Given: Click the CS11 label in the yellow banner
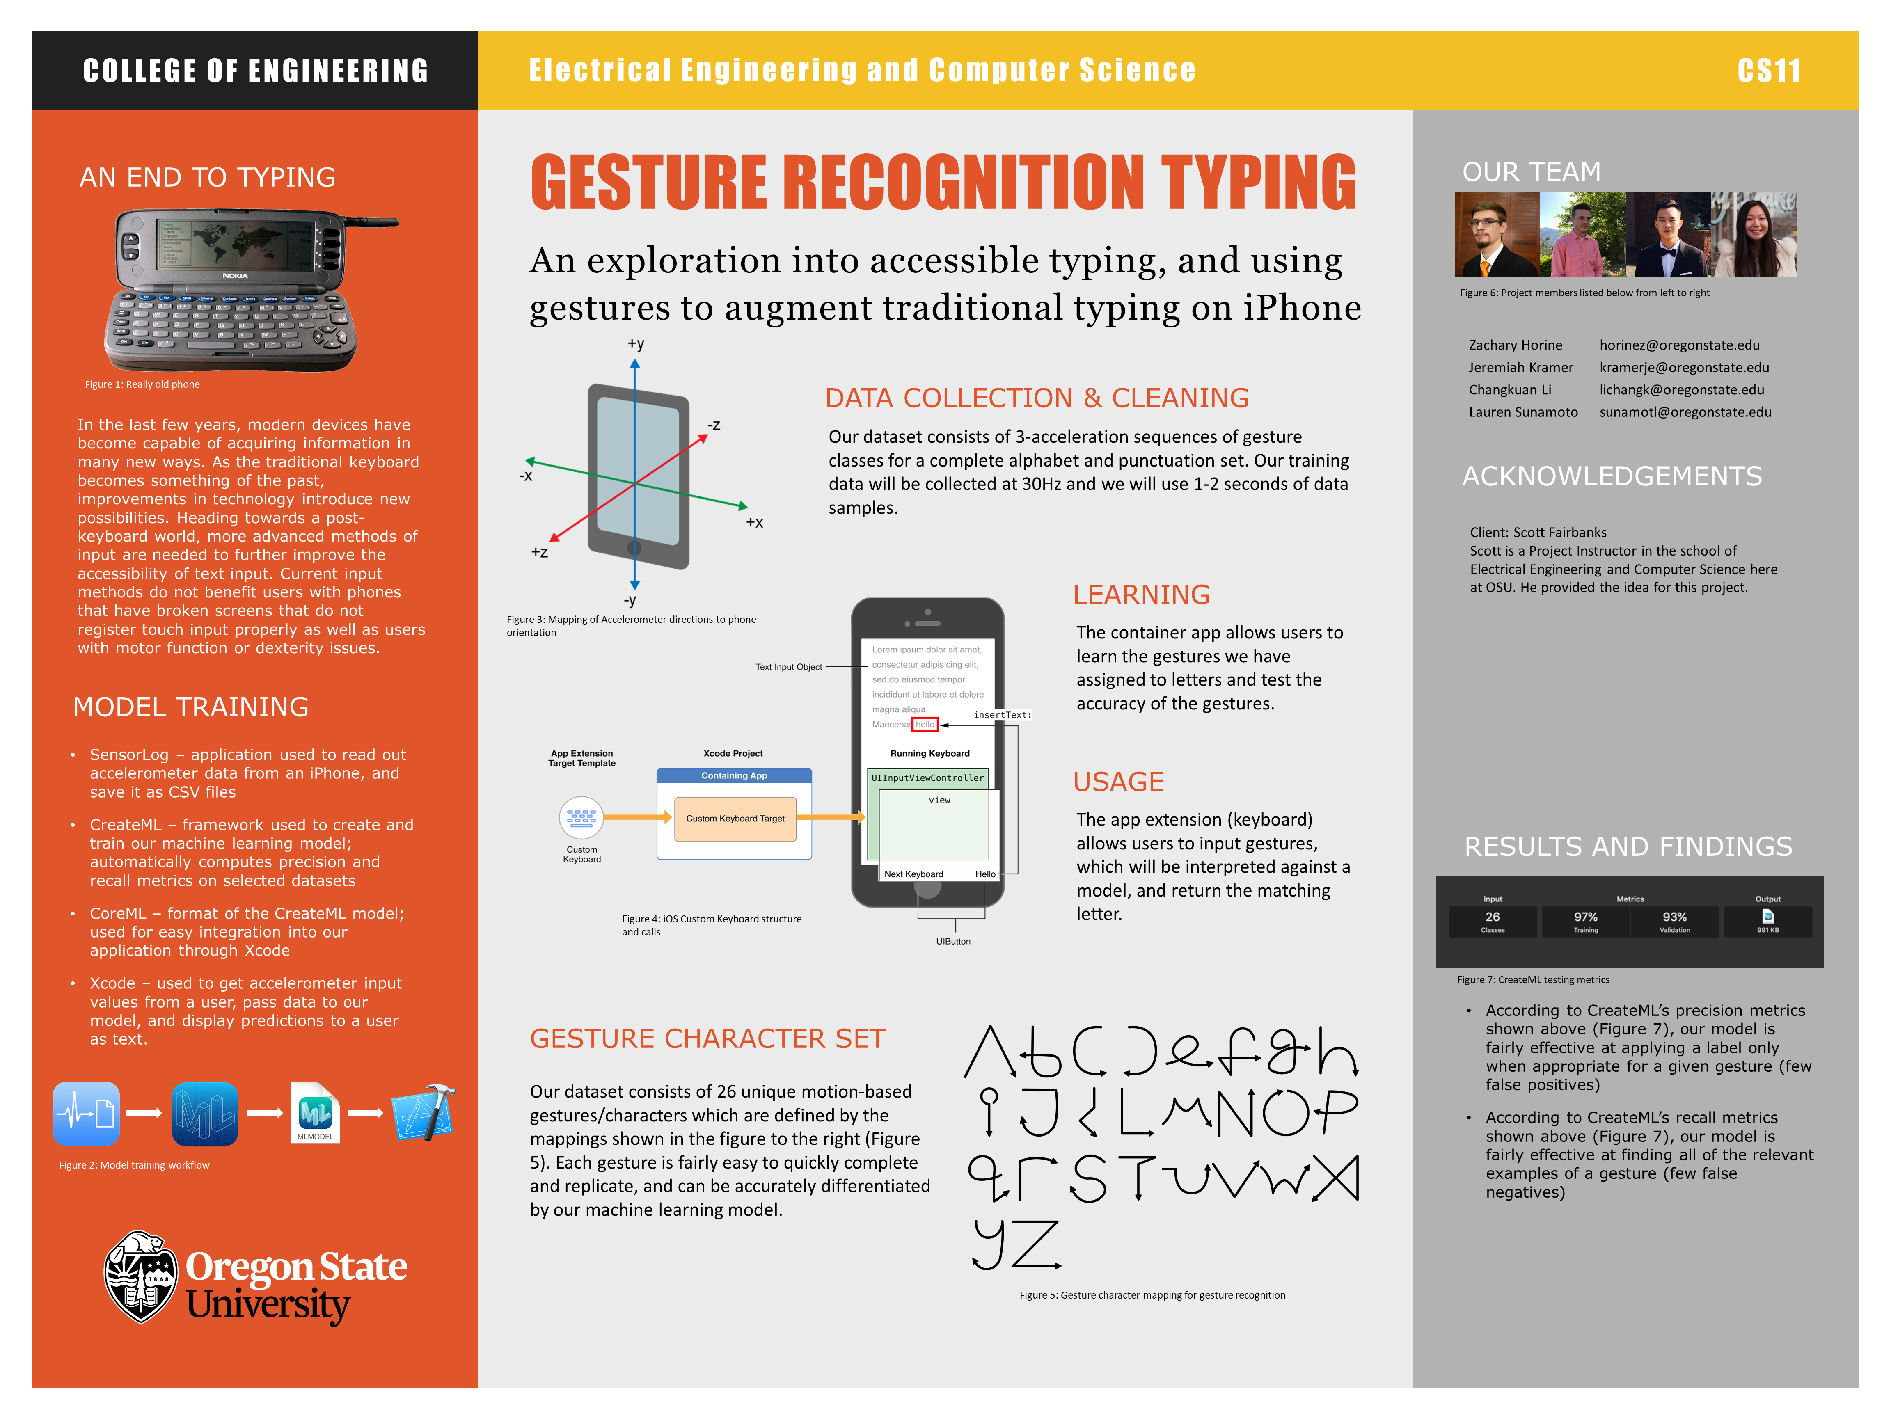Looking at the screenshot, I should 1768,70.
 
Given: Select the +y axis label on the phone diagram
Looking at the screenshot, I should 635,343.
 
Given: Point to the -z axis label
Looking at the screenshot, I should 714,425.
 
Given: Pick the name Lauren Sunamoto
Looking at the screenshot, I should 1522,412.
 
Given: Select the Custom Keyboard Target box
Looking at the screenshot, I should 734,819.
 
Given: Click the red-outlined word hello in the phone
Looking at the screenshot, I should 925,725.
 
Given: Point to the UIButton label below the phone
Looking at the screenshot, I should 953,941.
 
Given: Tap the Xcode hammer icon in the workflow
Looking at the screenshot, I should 423,1113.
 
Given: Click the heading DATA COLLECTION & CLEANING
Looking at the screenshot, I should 1036,398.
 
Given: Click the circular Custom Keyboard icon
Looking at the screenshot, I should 581,818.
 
